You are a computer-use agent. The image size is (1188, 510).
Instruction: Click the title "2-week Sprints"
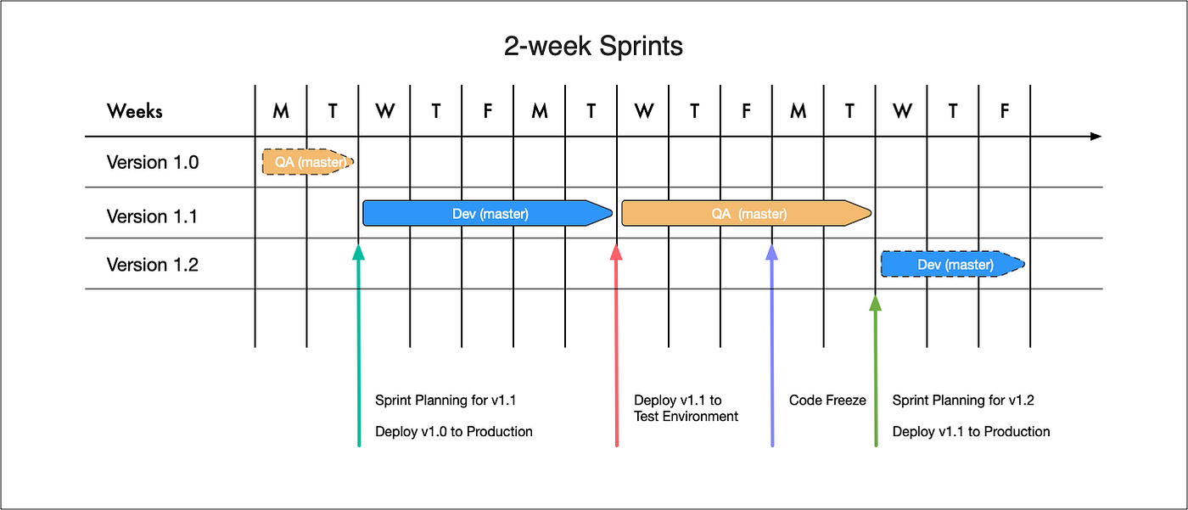tap(593, 46)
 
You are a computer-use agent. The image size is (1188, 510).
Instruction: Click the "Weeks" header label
tap(134, 110)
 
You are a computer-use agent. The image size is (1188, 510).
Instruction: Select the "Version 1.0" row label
tap(153, 162)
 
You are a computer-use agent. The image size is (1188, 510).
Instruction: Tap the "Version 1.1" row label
tap(152, 216)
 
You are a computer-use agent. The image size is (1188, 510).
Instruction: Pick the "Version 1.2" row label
tap(153, 265)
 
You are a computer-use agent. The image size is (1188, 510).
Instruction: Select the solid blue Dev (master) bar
tap(489, 214)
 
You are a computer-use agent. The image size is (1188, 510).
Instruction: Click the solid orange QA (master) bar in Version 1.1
tap(747, 214)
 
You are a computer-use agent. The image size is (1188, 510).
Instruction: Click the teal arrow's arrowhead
tap(359, 252)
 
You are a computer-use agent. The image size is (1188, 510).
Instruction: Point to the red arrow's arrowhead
tap(617, 252)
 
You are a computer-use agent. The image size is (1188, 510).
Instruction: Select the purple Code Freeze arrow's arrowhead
tap(772, 252)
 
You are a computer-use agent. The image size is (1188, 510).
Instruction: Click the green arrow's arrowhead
tap(876, 303)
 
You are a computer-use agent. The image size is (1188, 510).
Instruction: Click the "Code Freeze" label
tap(827, 401)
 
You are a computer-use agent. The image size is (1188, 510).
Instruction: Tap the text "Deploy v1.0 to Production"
tap(454, 432)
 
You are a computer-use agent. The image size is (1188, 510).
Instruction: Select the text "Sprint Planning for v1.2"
tap(963, 401)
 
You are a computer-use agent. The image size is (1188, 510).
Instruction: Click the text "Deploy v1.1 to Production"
tap(971, 432)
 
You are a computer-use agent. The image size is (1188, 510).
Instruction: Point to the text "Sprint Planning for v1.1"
tap(445, 401)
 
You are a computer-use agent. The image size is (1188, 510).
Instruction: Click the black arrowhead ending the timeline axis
tap(1096, 137)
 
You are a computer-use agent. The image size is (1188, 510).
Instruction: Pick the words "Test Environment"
tap(686, 417)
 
